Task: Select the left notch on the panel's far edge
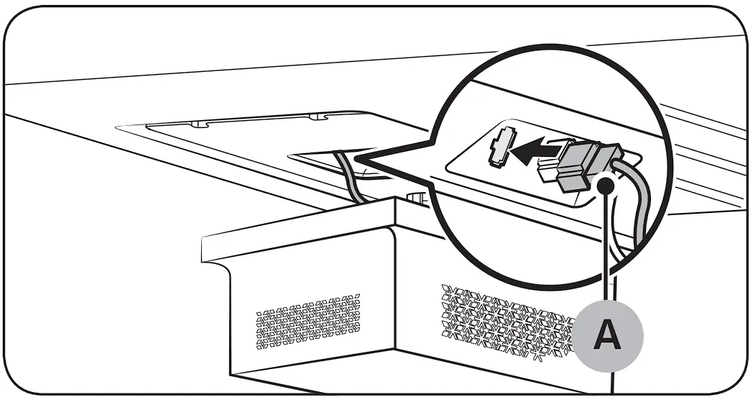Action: click(198, 124)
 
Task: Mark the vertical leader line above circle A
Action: click(608, 252)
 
